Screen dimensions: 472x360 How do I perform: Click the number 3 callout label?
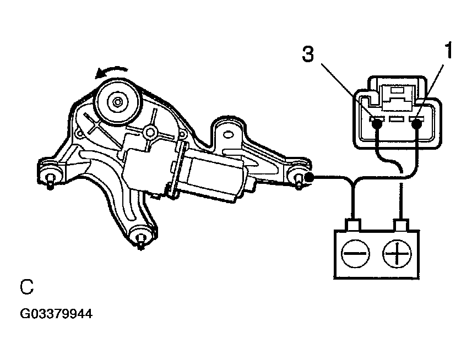tap(308, 54)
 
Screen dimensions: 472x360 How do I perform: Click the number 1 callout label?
tap(448, 50)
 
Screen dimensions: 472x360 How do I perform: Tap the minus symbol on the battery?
tap(355, 254)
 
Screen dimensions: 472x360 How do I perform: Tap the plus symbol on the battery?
tap(397, 254)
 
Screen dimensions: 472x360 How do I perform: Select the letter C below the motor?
tap(26, 287)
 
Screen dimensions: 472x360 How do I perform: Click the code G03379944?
tap(56, 314)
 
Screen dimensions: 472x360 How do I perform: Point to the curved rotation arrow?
tap(111, 72)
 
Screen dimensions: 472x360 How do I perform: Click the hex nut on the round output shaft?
tap(117, 102)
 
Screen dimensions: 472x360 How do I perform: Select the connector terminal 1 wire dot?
tap(417, 124)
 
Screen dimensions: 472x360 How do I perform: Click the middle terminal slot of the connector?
tap(397, 119)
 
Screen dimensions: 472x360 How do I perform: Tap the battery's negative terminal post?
tap(354, 225)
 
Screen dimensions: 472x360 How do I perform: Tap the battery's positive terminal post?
tap(401, 225)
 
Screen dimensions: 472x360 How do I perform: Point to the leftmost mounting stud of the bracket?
tap(50, 181)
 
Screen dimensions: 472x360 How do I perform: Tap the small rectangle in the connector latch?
tap(397, 90)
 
